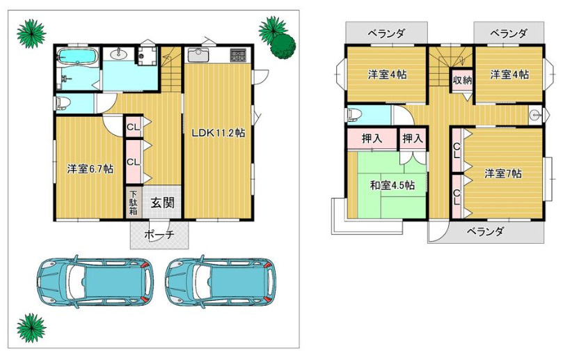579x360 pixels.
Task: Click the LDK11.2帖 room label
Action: [x=219, y=133]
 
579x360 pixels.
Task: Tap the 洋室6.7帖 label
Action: [x=90, y=169]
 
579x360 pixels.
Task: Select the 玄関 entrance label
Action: [x=162, y=203]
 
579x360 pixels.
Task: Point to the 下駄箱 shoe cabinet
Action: [x=133, y=202]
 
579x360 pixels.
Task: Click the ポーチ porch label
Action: [x=159, y=235]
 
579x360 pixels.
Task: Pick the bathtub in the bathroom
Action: [x=77, y=57]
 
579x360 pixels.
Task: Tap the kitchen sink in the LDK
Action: [x=198, y=55]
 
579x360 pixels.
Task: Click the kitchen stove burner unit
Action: [x=238, y=56]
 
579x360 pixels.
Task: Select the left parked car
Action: [x=95, y=282]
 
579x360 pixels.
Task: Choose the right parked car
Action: [x=221, y=282]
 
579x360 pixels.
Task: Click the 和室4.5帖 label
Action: [x=392, y=185]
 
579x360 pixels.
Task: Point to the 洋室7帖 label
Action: [x=503, y=173]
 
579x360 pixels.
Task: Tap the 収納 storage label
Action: [x=462, y=79]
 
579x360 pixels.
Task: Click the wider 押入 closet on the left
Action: [x=372, y=139]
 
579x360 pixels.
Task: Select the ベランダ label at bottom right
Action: [x=485, y=232]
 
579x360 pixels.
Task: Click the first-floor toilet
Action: [x=62, y=103]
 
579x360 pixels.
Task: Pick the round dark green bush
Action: [x=283, y=46]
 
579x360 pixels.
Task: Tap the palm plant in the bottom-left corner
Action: [x=31, y=328]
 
